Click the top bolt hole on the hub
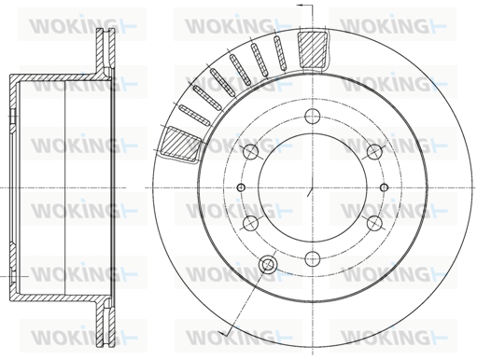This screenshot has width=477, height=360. pos(313,117)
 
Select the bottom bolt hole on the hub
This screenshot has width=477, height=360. pos(313,258)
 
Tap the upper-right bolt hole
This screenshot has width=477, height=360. pos(374,152)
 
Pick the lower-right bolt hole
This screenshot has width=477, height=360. pos(374,223)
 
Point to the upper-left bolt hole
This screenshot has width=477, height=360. pos(250,152)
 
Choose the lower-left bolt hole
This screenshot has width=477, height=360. pos(250,223)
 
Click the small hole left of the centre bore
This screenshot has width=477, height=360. pos(241,187)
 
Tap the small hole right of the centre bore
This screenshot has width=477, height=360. pos(385,187)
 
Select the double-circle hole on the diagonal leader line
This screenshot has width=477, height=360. pos(267,264)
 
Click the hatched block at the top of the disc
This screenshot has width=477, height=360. pos(313,49)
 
